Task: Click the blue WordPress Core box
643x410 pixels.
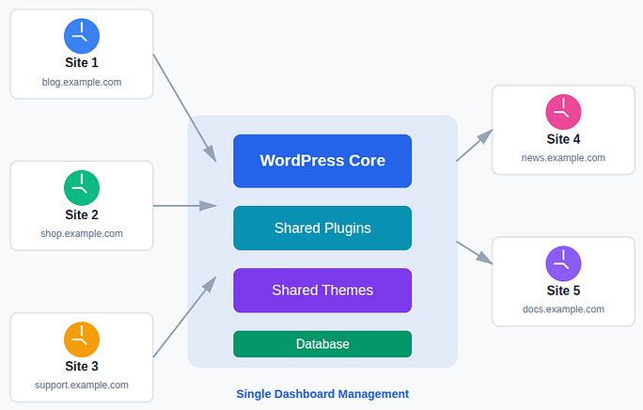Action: click(x=322, y=161)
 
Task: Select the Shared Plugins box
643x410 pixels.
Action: click(x=322, y=229)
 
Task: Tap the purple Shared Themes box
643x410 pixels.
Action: click(x=322, y=291)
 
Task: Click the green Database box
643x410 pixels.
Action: click(x=322, y=344)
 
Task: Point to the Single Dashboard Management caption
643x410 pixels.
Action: click(x=322, y=394)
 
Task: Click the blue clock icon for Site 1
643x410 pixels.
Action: click(x=82, y=37)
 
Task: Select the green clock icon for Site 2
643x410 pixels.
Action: click(x=82, y=188)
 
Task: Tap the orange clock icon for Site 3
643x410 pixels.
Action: click(x=82, y=339)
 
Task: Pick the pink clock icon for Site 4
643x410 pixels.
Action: click(x=563, y=112)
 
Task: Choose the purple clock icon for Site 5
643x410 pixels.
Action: click(x=563, y=264)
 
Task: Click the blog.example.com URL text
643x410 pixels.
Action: click(x=82, y=82)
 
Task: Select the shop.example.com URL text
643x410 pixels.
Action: click(x=82, y=233)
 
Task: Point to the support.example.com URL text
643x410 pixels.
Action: click(x=82, y=385)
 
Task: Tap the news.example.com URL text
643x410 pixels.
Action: click(x=563, y=158)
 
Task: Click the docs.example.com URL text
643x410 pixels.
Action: click(x=563, y=309)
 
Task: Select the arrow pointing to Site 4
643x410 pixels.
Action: click(x=475, y=146)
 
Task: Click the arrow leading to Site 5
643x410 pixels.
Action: click(x=475, y=252)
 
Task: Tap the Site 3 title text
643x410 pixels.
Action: click(x=82, y=366)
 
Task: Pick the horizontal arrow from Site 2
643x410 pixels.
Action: click(x=185, y=205)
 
